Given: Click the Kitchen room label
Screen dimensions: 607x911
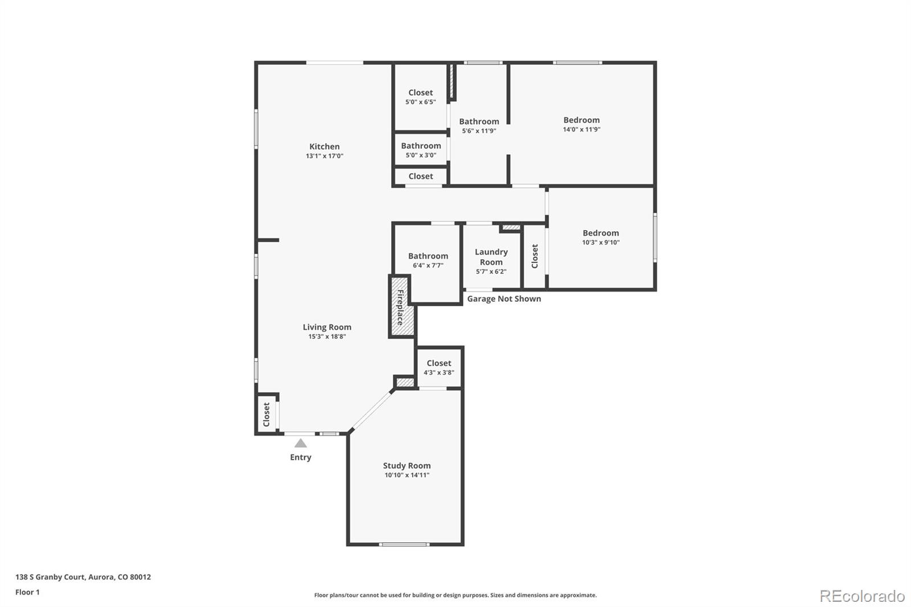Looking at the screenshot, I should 324,146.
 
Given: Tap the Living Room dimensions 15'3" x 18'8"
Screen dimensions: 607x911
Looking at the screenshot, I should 327,337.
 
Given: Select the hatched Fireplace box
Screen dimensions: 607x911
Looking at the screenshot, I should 401,308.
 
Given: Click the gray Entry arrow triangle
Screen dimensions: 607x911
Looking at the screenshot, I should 301,443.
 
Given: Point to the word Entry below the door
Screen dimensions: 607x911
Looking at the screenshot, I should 301,457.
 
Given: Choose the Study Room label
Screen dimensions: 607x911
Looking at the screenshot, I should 407,465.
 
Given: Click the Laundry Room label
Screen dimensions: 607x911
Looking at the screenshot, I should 491,257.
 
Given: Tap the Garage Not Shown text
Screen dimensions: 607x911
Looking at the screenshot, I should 504,299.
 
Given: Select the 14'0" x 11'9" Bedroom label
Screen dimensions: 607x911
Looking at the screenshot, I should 581,124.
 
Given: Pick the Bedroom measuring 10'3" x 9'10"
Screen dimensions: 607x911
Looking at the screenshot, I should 600,237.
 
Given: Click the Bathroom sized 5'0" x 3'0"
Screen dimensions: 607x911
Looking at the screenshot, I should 421,150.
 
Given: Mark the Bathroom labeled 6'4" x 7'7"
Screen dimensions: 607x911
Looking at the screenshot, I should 428,260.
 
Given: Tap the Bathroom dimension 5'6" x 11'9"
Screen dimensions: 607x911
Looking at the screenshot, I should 479,131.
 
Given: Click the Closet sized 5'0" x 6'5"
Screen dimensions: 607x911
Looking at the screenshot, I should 421,97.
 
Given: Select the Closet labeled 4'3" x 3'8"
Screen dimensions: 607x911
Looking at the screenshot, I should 438,367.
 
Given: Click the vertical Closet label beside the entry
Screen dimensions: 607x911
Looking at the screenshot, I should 266,415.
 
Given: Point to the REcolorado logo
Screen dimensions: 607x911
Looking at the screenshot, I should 861,596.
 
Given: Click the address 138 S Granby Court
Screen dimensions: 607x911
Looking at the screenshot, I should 83,577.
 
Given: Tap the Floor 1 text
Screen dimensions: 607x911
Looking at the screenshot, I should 27,592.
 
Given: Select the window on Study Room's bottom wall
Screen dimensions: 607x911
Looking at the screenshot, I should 405,545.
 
